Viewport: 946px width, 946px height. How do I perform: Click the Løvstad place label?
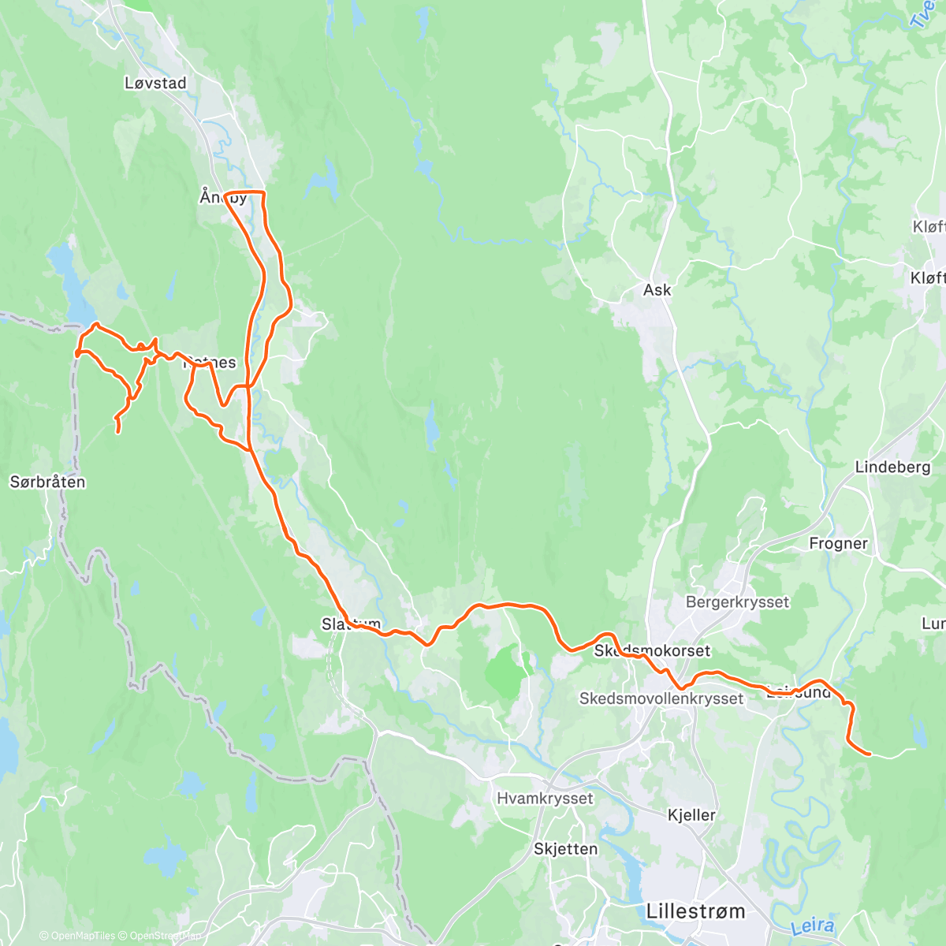pos(155,83)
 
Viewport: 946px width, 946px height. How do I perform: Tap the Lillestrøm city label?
pos(695,911)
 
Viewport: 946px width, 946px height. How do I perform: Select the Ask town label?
pos(657,290)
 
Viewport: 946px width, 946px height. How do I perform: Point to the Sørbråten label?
pos(47,482)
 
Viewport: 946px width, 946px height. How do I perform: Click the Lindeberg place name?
pos(892,467)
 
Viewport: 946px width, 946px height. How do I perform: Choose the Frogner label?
pos(838,543)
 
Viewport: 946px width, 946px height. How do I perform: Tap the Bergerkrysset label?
pos(737,602)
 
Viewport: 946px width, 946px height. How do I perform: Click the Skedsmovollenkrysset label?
pos(661,698)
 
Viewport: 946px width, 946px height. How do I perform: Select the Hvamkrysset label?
pos(545,798)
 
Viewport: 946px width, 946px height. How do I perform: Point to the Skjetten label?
pos(565,849)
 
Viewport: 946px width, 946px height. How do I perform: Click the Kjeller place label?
pos(691,815)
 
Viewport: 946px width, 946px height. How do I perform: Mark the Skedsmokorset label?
pos(652,651)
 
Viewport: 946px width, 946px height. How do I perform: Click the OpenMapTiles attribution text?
pos(82,936)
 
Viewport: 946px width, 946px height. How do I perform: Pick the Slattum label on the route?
pos(351,624)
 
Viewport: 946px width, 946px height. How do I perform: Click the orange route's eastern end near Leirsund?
pos(868,754)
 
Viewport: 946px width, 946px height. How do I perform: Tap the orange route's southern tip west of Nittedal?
pos(118,431)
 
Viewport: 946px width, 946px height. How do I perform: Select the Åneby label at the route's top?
pos(223,197)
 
